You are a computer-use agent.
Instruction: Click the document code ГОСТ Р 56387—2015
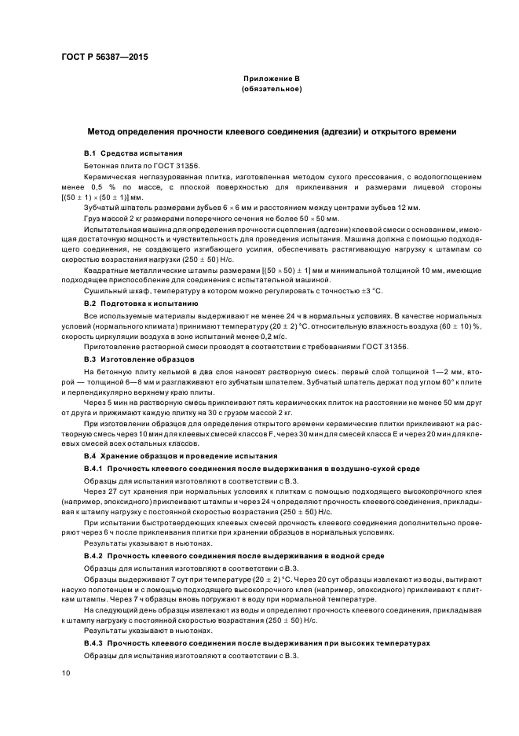click(x=104, y=57)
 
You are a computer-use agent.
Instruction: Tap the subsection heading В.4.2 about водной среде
click(x=222, y=555)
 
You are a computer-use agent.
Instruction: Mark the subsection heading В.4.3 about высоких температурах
click(x=257, y=643)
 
